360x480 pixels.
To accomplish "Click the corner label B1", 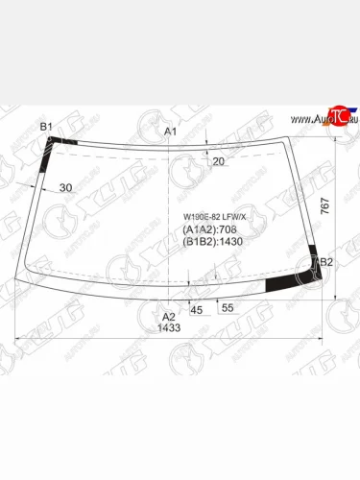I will coord(46,127).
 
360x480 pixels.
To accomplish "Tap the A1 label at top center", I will coord(171,131).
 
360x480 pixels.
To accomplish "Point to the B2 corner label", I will coord(325,262).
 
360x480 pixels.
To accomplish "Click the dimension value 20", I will coord(218,161).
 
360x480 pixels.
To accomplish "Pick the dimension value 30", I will coord(65,188).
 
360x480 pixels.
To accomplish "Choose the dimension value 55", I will coord(228,308).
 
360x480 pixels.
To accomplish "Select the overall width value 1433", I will coord(169,328).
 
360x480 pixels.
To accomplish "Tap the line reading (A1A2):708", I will coord(209,230).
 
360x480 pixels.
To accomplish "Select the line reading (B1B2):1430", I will coord(212,243).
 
